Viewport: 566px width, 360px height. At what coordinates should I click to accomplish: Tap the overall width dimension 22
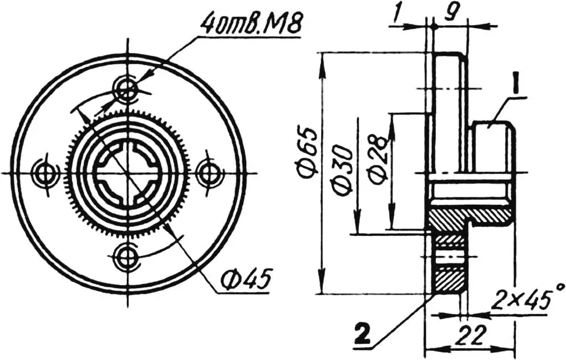point(469,332)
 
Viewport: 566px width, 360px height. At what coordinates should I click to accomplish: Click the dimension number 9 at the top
point(452,13)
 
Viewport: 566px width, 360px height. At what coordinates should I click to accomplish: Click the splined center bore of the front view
point(126,172)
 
